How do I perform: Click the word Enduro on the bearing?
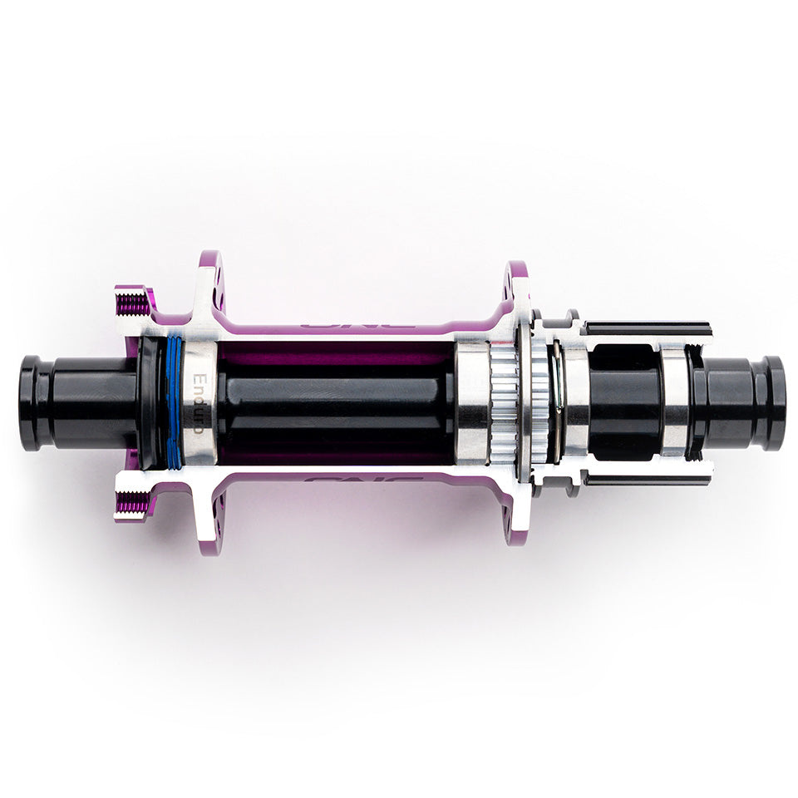pyautogui.click(x=199, y=403)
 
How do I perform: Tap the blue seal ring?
pyautogui.click(x=174, y=403)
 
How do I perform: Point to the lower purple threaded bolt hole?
pyautogui.click(x=131, y=504)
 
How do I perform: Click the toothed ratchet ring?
pyautogui.click(x=504, y=403)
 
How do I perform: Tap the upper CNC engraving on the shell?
pyautogui.click(x=357, y=325)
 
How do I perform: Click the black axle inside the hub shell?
pyautogui.click(x=332, y=403)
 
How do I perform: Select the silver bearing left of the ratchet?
pyautogui.click(x=472, y=403)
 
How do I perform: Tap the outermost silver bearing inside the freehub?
pyautogui.click(x=676, y=403)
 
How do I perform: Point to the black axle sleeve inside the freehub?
pyautogui.click(x=623, y=403)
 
